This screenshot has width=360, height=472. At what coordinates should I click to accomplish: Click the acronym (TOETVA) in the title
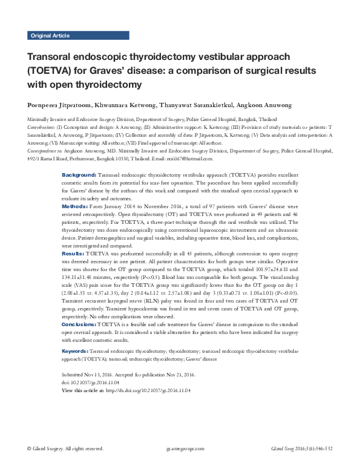51,70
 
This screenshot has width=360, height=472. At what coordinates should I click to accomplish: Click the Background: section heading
78,175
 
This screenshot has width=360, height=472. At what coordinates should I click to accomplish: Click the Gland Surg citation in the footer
301,449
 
